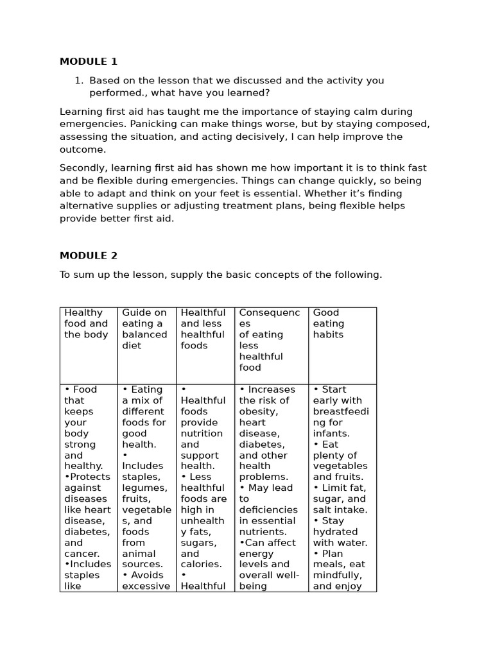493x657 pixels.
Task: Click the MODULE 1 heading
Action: click(x=89, y=62)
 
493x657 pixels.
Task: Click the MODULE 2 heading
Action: click(x=89, y=255)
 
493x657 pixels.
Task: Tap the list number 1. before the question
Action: click(x=79, y=80)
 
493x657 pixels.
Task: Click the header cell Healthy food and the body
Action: click(x=86, y=323)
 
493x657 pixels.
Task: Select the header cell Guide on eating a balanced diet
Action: click(x=144, y=328)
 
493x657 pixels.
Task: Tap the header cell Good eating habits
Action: click(x=329, y=323)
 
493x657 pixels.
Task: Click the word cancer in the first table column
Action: click(x=81, y=554)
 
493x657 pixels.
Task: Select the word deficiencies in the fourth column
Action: click(x=267, y=509)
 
